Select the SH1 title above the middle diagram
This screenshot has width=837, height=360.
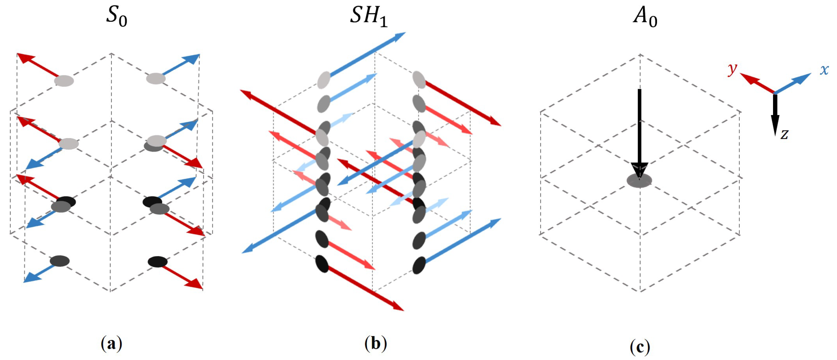click(368, 16)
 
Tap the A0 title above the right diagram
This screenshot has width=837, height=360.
click(645, 16)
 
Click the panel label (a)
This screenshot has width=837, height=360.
click(112, 344)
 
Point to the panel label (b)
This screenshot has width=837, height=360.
click(375, 344)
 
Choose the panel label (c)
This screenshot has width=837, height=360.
click(640, 347)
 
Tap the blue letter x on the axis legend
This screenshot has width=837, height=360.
click(824, 70)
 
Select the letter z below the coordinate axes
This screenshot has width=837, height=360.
click(784, 134)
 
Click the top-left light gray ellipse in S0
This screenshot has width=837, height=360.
click(64, 81)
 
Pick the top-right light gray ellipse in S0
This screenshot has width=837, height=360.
click(156, 79)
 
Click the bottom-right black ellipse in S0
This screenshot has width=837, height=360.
click(158, 262)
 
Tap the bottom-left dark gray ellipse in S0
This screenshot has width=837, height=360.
click(60, 261)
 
